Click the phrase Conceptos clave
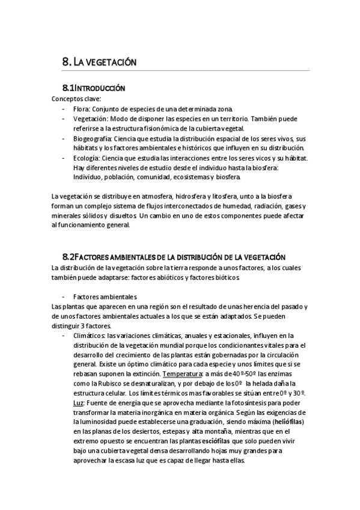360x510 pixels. coord(76,99)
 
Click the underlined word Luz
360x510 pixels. coord(78,403)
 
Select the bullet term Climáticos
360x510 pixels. coord(89,336)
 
